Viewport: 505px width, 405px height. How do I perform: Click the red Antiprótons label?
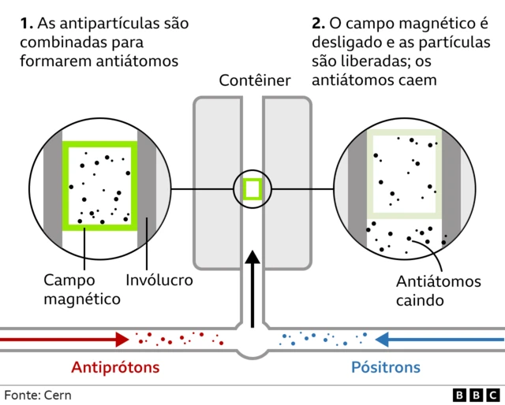(115, 367)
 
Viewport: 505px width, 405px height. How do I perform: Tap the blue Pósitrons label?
(386, 367)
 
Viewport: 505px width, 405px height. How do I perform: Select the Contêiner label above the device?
(255, 80)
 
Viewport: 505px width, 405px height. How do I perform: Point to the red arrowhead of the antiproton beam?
(122, 340)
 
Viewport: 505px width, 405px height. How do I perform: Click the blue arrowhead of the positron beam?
(383, 340)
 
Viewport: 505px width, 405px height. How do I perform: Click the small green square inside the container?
(252, 189)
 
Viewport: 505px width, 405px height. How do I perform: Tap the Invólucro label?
(159, 280)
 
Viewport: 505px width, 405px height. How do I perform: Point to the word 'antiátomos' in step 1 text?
(143, 61)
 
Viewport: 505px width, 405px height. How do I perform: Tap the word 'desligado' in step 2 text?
(348, 41)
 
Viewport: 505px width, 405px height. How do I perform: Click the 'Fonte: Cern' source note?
(37, 394)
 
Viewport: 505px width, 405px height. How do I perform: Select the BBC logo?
(476, 394)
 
